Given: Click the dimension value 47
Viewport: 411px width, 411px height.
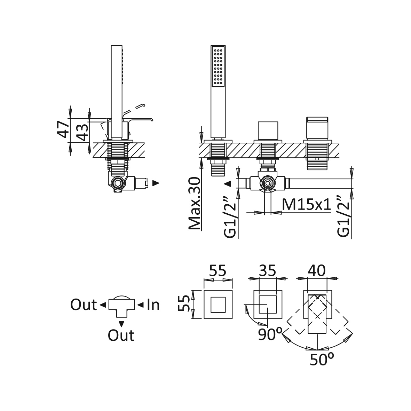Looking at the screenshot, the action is coord(63,129).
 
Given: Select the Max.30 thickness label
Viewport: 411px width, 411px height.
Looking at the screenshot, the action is coord(195,204).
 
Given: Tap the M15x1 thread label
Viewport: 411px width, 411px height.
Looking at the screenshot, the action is coord(306,204).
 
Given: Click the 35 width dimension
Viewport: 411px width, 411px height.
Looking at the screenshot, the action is coord(268,270).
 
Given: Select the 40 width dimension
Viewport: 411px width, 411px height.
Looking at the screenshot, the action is coord(317,270).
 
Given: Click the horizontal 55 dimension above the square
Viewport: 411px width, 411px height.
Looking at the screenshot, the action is coord(218,270).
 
